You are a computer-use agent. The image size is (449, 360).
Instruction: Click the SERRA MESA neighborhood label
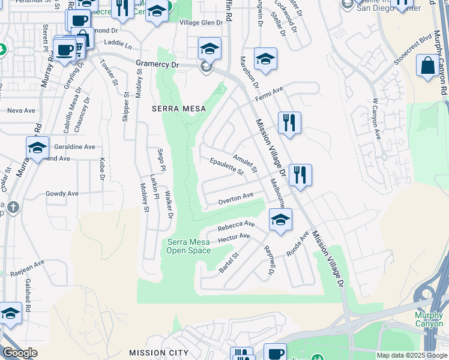tap(178, 109)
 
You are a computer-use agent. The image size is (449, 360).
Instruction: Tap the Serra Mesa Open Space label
tap(188, 246)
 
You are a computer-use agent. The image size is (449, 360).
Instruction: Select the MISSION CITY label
tap(158, 353)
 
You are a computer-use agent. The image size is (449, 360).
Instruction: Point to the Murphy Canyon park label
tap(429, 319)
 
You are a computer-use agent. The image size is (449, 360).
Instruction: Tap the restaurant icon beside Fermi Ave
tap(289, 123)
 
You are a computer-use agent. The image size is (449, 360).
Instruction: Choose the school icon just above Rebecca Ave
tap(280, 220)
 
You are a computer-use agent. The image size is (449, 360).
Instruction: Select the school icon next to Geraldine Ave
tap(37, 148)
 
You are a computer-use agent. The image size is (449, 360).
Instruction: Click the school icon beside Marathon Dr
tap(265, 59)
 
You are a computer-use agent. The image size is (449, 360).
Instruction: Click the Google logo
tap(20, 353)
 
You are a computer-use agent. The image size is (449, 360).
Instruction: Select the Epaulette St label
tap(226, 167)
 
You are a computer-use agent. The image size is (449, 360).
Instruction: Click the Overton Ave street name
tap(236, 198)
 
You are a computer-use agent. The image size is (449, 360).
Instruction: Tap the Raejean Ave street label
tap(27, 268)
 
